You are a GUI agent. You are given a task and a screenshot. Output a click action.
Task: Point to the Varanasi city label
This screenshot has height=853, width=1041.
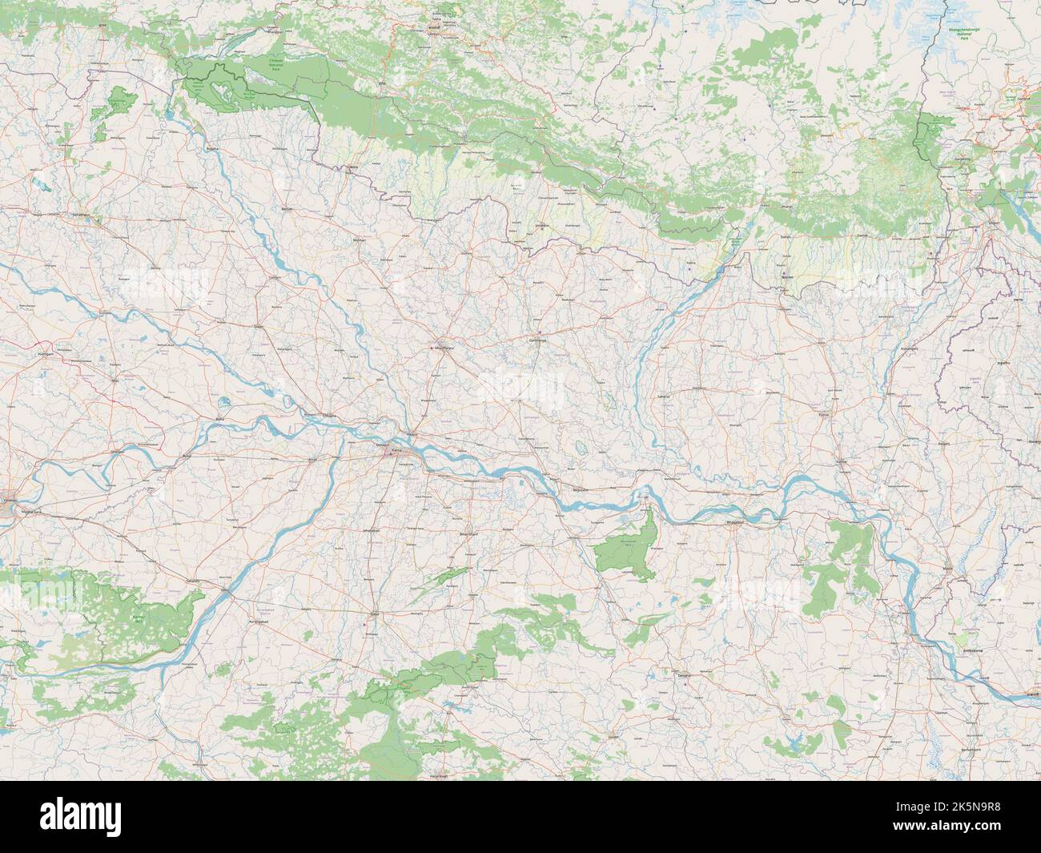coord(11,497)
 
